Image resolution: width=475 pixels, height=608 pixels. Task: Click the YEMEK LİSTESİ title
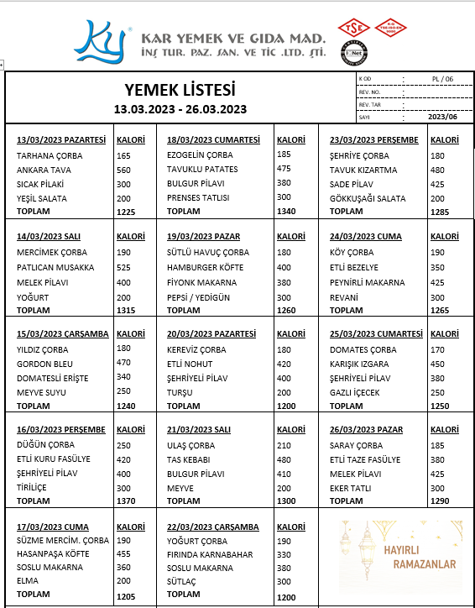(x=180, y=90)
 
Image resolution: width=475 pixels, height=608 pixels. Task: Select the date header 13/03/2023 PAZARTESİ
(x=61, y=139)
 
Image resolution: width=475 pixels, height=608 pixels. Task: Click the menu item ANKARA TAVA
(x=44, y=170)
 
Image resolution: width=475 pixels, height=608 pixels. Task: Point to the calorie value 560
(x=124, y=170)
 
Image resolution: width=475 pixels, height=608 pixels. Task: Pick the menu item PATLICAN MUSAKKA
(x=55, y=267)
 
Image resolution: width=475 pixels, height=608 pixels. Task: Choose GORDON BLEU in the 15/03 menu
(x=47, y=363)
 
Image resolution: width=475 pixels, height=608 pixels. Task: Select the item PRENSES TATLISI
(x=198, y=198)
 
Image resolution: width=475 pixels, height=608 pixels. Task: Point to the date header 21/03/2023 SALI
(x=199, y=429)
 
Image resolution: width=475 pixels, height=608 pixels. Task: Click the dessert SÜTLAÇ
(x=183, y=581)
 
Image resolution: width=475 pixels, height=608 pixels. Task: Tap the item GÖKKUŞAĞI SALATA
(x=368, y=198)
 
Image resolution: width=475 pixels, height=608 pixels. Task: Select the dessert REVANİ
(x=345, y=296)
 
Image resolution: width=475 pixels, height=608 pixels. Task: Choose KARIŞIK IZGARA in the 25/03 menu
(x=359, y=364)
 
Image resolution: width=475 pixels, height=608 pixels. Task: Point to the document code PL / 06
(x=441, y=79)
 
